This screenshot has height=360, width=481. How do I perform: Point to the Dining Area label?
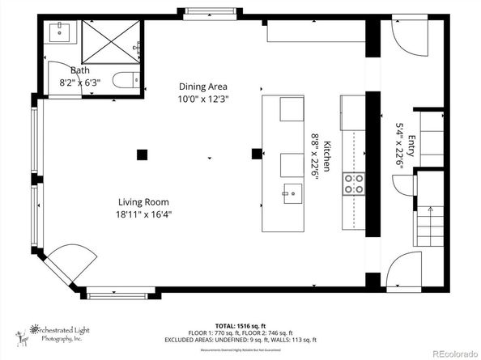pos(202,87)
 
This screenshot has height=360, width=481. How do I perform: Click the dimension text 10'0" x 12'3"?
pos(202,99)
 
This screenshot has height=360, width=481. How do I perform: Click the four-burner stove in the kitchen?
pos(354,184)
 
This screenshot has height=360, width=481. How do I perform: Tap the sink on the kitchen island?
pos(292,193)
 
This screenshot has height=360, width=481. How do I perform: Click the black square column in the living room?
pos(143,155)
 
